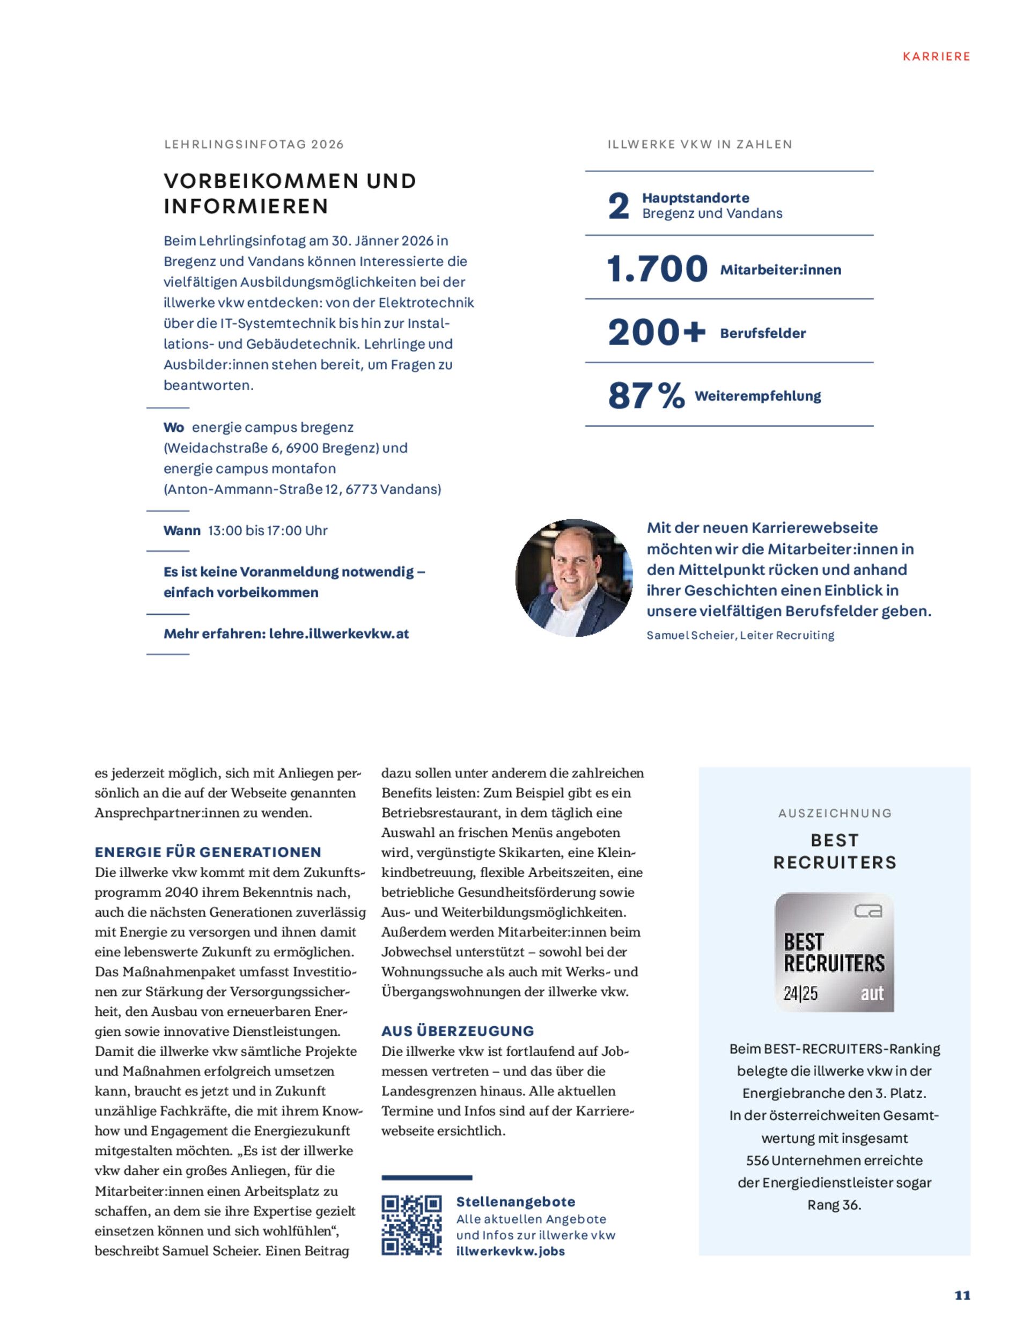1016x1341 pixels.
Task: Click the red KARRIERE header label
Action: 936,56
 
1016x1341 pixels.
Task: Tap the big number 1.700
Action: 657,269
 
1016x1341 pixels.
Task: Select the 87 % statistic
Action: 646,396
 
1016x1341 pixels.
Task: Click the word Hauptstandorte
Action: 695,197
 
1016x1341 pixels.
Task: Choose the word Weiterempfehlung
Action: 758,396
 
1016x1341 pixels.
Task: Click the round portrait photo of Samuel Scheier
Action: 573,577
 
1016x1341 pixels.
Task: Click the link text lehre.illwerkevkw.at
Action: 339,634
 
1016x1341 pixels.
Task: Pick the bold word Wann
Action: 182,530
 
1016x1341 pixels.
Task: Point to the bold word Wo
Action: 174,428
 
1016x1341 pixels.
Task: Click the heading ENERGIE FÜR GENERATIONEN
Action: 208,852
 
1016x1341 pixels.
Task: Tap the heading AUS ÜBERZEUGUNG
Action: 458,1030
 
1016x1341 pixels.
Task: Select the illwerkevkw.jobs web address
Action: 511,1251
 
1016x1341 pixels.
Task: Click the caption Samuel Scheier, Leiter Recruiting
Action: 740,635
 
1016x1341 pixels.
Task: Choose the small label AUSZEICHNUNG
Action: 835,813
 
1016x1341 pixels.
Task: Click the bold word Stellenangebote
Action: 516,1202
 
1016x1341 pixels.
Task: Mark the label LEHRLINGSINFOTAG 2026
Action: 254,144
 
